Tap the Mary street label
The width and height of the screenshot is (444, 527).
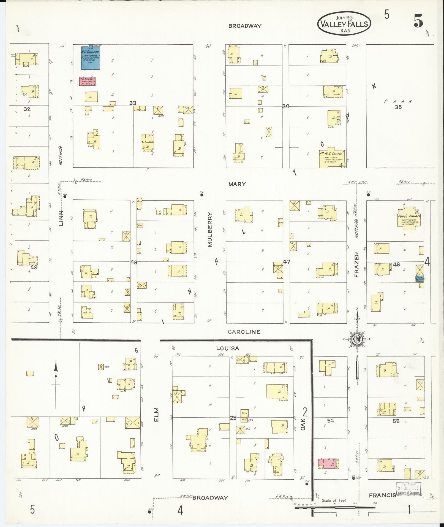point(237,184)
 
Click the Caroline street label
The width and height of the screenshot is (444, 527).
point(244,332)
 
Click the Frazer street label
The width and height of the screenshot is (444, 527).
point(357,264)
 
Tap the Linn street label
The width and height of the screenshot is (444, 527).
point(61,218)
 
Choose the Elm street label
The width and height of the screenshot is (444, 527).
point(157,422)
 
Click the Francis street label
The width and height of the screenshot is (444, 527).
point(382,495)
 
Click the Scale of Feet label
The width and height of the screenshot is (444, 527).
point(334,500)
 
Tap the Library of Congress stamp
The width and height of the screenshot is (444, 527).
point(408,489)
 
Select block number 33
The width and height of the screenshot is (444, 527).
point(133,103)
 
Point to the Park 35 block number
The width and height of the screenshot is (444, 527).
point(398,107)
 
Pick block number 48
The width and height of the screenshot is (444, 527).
point(134,263)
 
